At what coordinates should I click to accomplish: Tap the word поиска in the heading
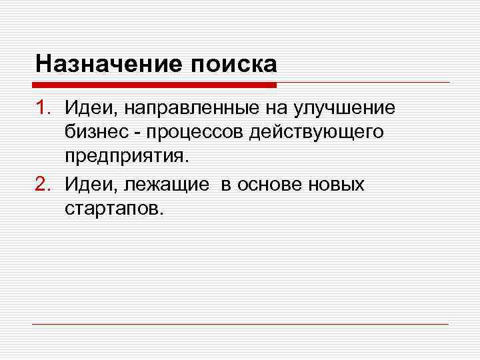pyautogui.click(x=234, y=64)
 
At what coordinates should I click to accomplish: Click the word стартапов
pyautogui.click(x=113, y=209)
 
